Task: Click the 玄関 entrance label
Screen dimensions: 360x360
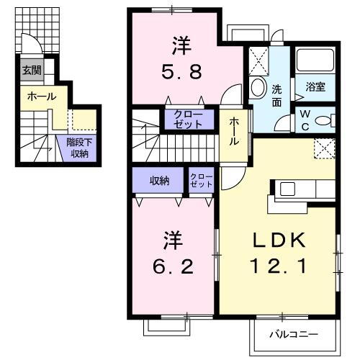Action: [31, 71]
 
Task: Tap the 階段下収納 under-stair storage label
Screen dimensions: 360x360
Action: [78, 148]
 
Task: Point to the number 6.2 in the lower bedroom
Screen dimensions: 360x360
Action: [174, 255]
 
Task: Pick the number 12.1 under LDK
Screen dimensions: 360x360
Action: [278, 266]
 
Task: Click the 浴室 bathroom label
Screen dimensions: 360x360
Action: [316, 87]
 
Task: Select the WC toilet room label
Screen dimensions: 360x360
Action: [305, 120]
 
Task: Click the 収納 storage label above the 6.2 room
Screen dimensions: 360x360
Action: [159, 180]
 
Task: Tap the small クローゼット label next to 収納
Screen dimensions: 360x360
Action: [201, 180]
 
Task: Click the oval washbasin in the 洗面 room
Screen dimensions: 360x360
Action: [258, 88]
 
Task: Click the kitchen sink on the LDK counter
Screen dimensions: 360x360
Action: [287, 189]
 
